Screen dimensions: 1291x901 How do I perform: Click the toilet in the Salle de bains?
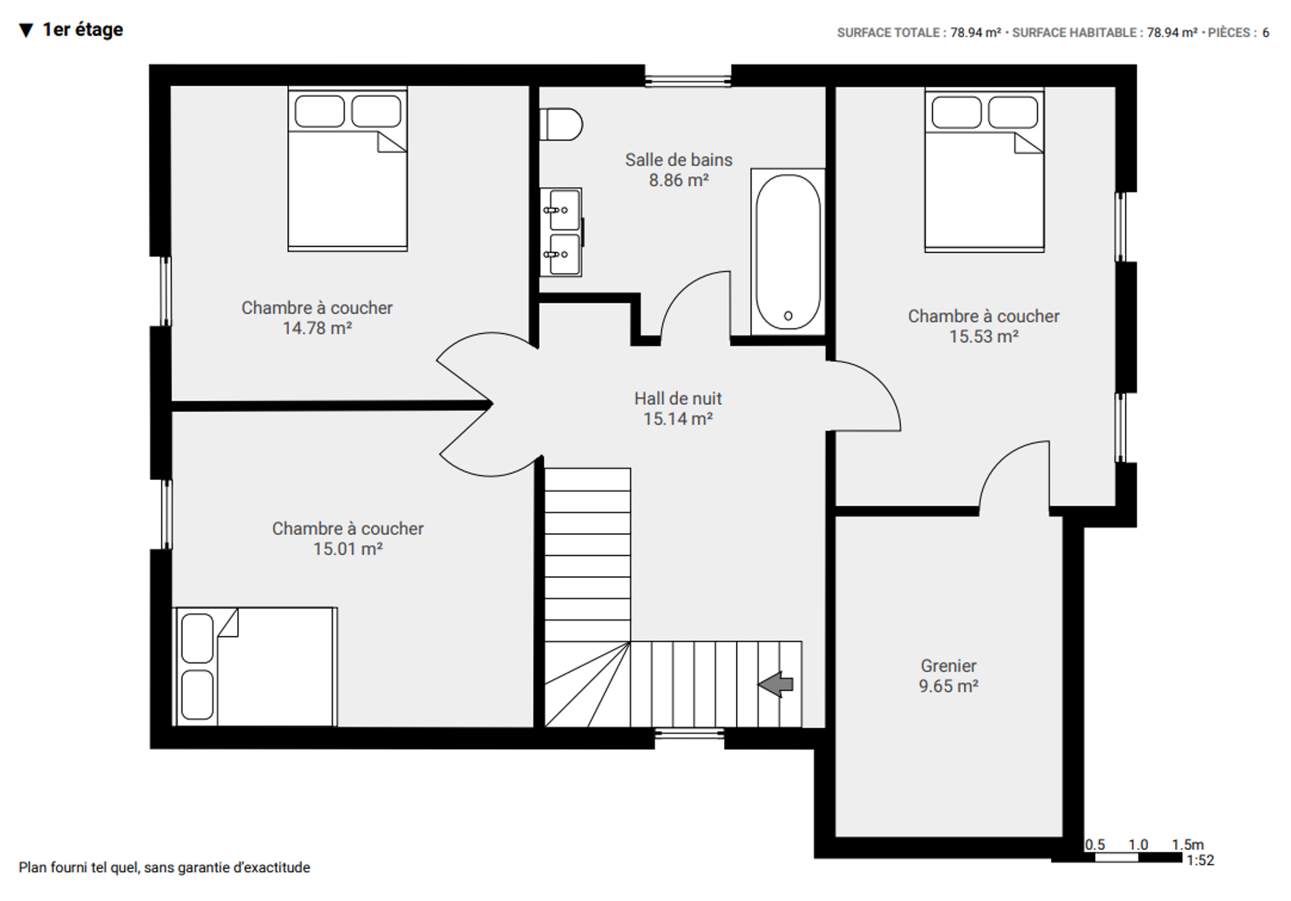coord(561,125)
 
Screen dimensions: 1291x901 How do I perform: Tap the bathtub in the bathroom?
coord(788,252)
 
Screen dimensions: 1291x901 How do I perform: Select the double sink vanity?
coord(561,232)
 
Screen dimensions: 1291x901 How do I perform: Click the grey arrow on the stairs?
coord(776,684)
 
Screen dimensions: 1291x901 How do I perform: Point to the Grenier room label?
coord(948,666)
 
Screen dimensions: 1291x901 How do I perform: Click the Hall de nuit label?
coord(678,399)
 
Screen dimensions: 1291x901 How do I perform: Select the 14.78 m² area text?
coord(317,328)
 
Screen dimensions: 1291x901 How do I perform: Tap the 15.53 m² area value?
coord(984,337)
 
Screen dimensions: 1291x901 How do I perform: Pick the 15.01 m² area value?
coord(348,549)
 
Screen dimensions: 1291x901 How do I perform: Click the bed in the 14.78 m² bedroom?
coord(347,169)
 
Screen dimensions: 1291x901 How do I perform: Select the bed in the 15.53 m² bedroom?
coord(984,170)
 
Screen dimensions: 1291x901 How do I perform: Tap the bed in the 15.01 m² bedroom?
coord(255,666)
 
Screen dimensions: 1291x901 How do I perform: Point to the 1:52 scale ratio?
coord(1200,860)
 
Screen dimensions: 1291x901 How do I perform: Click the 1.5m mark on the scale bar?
coord(1188,845)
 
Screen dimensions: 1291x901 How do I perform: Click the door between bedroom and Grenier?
coord(1014,474)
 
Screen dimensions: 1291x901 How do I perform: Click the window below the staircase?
coord(689,733)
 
